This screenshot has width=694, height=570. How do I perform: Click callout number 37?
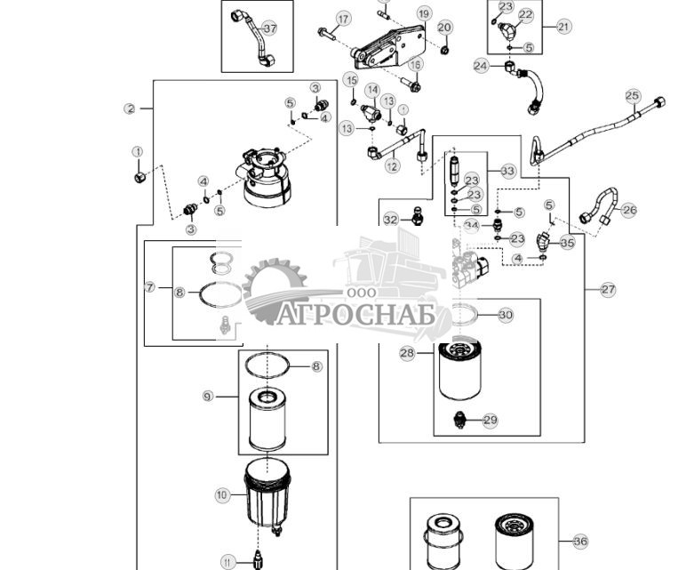[x=269, y=28]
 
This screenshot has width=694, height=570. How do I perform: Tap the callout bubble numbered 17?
[x=343, y=19]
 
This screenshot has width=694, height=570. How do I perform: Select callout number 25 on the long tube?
[x=632, y=95]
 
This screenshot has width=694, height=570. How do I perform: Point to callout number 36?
[x=580, y=541]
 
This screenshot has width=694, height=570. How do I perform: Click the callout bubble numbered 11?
[x=227, y=561]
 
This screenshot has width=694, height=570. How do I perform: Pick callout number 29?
[x=490, y=420]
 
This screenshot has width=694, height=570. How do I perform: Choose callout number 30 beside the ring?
[x=505, y=315]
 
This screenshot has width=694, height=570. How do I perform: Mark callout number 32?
[x=390, y=219]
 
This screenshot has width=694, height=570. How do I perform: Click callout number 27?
[x=608, y=289]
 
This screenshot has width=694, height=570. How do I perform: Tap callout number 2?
[x=130, y=108]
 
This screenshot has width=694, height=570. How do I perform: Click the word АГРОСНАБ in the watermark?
[x=355, y=315]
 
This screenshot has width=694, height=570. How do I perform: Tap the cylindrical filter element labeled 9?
[x=267, y=418]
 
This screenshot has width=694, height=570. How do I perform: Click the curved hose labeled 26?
[x=597, y=206]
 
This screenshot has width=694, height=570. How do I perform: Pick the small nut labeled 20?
[x=445, y=49]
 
